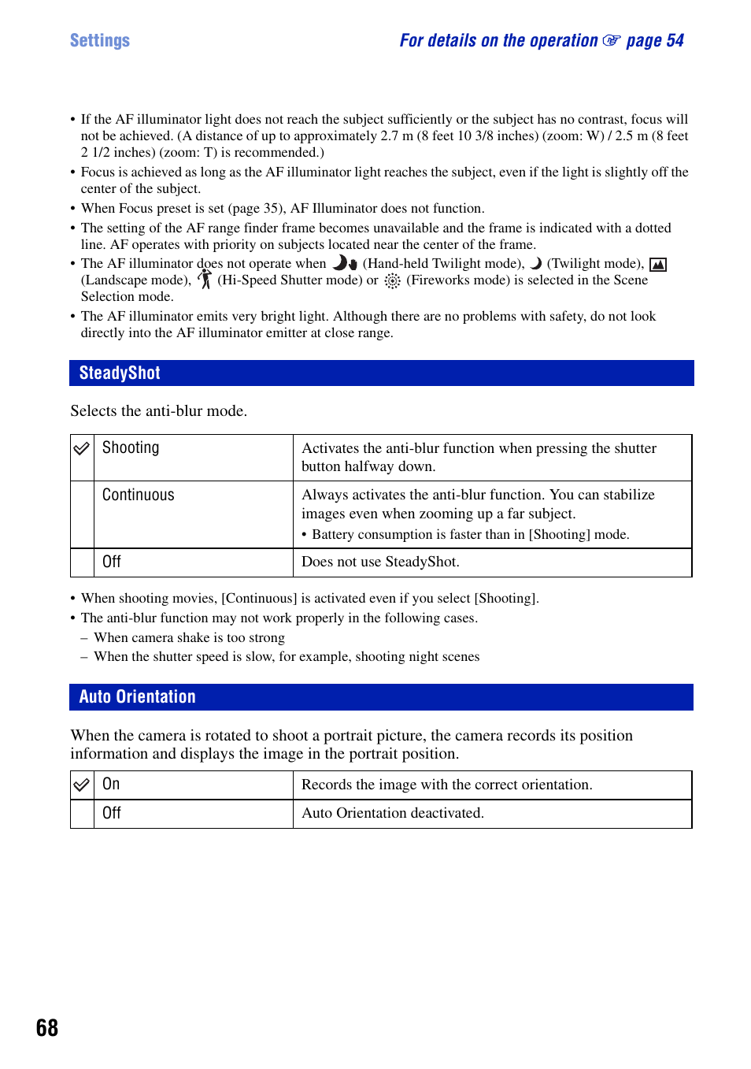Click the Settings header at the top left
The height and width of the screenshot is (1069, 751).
100,40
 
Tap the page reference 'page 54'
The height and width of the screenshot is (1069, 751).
654,40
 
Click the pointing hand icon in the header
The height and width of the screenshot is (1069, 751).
611,40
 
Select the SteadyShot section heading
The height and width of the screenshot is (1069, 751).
120,373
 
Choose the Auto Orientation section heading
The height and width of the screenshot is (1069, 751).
137,696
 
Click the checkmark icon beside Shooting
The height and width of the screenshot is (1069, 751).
82,448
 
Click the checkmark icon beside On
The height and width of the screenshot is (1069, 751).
82,785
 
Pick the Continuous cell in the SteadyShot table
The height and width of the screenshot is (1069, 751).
139,495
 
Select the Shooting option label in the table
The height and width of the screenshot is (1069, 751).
131,447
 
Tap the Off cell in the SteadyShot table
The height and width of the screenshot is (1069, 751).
112,562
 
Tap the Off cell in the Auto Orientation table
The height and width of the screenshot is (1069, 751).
112,813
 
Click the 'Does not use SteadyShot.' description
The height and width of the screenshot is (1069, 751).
380,562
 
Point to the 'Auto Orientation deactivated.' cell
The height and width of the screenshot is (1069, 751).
393,813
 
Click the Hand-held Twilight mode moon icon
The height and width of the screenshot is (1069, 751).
345,263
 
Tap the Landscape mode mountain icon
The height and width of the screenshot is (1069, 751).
658,265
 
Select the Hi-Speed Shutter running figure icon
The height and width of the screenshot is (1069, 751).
205,280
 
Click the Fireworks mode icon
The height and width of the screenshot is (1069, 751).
392,280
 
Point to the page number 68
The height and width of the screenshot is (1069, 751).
47,1027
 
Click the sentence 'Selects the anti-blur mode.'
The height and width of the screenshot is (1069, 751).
158,410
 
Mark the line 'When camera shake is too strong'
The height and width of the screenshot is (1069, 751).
189,637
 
